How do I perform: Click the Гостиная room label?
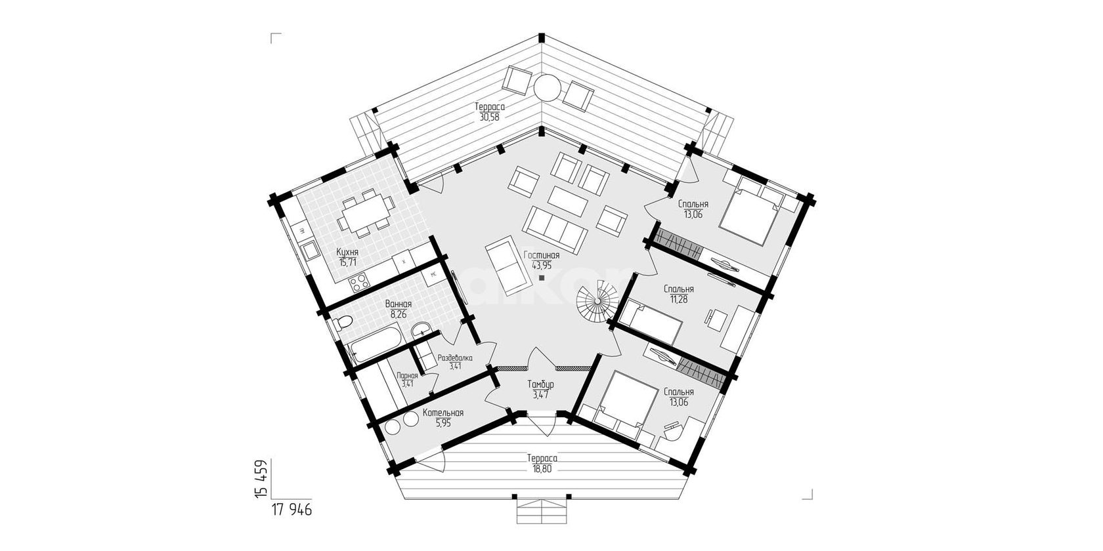coord(542,255)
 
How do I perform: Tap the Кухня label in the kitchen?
coord(347,252)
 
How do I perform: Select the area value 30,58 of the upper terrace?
coord(490,117)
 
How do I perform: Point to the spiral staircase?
coord(598,300)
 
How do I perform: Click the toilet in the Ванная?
coord(341,323)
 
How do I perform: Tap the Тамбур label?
coord(541,384)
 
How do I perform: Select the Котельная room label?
coord(443,413)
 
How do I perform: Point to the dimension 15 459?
coord(261,479)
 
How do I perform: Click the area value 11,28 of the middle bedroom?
coord(679,298)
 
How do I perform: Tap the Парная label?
coord(407,375)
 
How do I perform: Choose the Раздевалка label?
coord(455,357)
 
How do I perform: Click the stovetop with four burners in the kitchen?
coord(358,281)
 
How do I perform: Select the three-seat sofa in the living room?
coord(554,230)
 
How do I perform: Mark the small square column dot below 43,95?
coord(542,278)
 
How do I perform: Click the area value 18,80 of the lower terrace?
coord(542,469)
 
